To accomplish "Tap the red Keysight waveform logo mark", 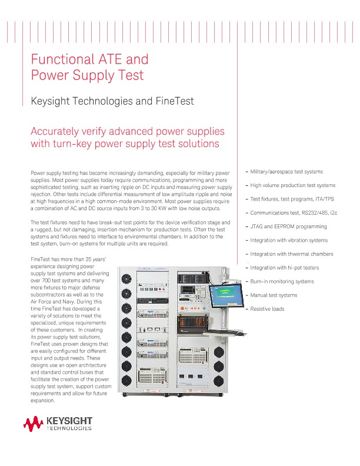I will [x=33, y=422].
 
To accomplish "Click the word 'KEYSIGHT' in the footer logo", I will [x=68, y=420].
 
